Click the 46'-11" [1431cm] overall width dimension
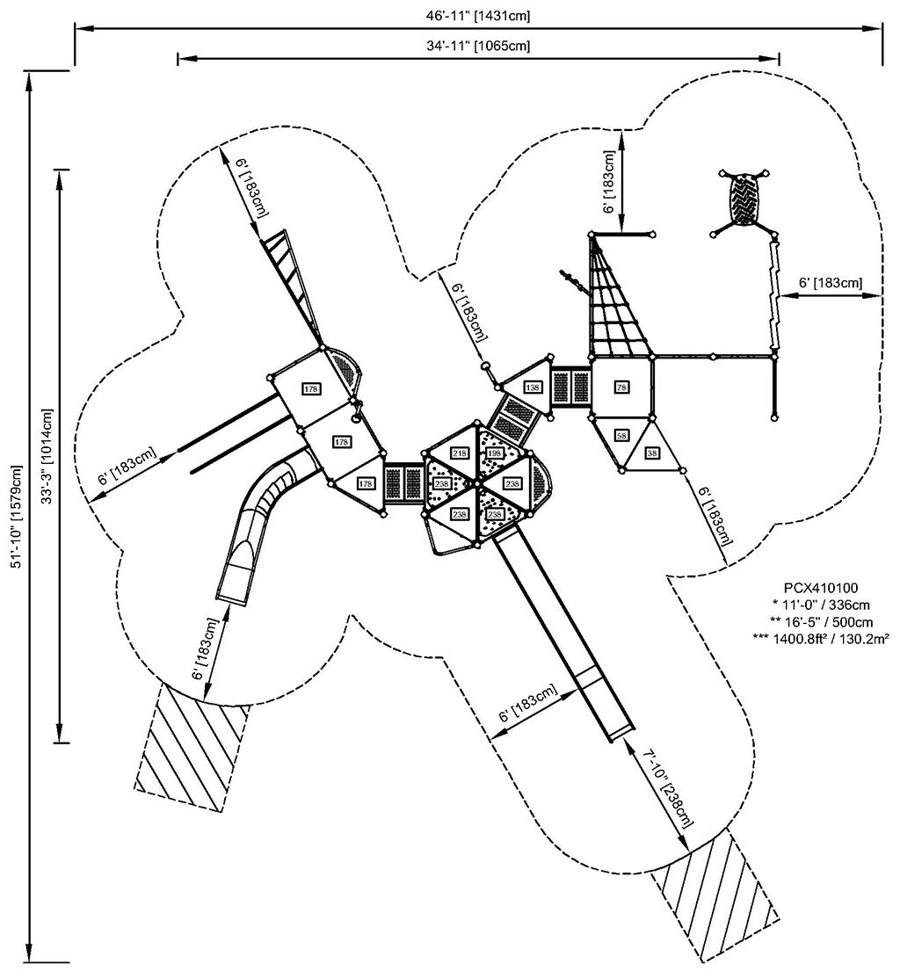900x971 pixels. [x=477, y=16]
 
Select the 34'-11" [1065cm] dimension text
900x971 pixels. [x=477, y=46]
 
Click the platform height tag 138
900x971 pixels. [x=533, y=388]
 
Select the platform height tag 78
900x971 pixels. [x=621, y=388]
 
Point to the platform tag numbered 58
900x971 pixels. [x=621, y=436]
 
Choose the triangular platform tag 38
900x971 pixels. [x=652, y=453]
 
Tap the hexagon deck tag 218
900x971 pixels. [x=459, y=453]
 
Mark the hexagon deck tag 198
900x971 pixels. [x=494, y=453]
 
